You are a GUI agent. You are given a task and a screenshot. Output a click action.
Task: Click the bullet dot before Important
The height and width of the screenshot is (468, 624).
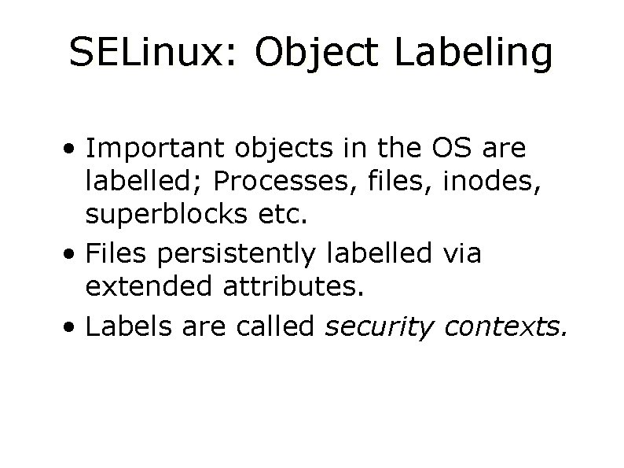(72, 149)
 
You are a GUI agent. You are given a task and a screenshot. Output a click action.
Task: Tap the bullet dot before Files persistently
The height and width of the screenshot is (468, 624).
(72, 254)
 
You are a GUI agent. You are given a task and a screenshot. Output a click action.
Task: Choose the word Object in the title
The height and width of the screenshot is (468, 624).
(306, 53)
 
